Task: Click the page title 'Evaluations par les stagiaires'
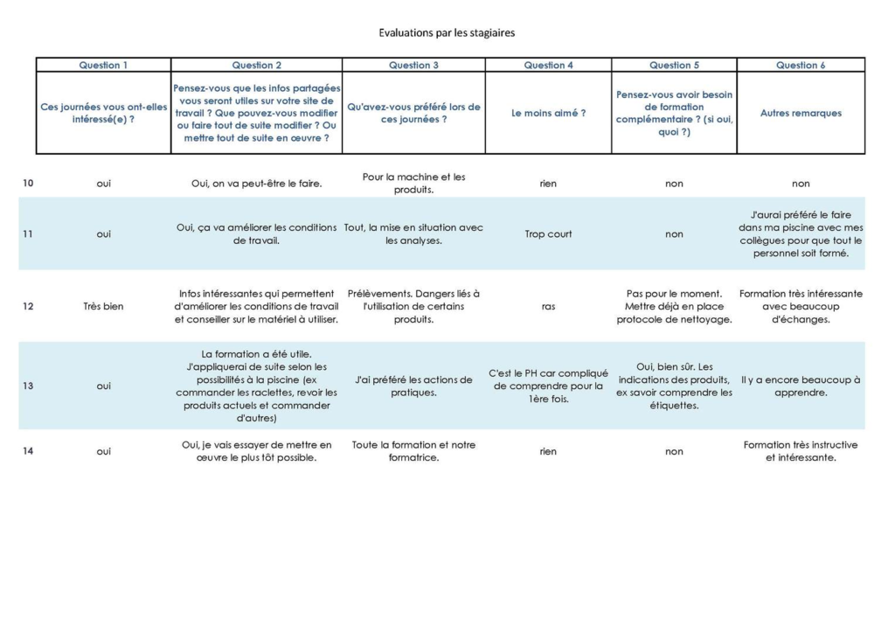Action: point(447,33)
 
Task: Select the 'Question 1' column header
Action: point(103,65)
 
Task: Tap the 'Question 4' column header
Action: point(548,65)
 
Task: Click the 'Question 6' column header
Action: point(801,65)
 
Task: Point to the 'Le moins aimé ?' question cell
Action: point(548,113)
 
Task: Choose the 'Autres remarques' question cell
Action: point(801,113)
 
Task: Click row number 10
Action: point(28,184)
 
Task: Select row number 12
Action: point(28,307)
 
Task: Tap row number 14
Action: point(28,452)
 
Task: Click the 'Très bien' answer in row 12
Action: point(103,307)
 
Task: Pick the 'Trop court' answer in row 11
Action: point(548,234)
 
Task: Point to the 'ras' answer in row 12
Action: point(548,307)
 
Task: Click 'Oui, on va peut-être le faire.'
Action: point(256,184)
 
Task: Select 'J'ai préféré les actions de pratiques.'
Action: point(413,386)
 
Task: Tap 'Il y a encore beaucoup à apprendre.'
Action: point(801,386)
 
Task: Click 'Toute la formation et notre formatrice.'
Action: point(413,451)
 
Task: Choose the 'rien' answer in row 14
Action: point(548,452)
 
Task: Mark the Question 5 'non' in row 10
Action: point(674,184)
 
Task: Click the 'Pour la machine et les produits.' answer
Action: point(413,183)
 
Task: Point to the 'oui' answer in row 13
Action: point(103,386)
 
